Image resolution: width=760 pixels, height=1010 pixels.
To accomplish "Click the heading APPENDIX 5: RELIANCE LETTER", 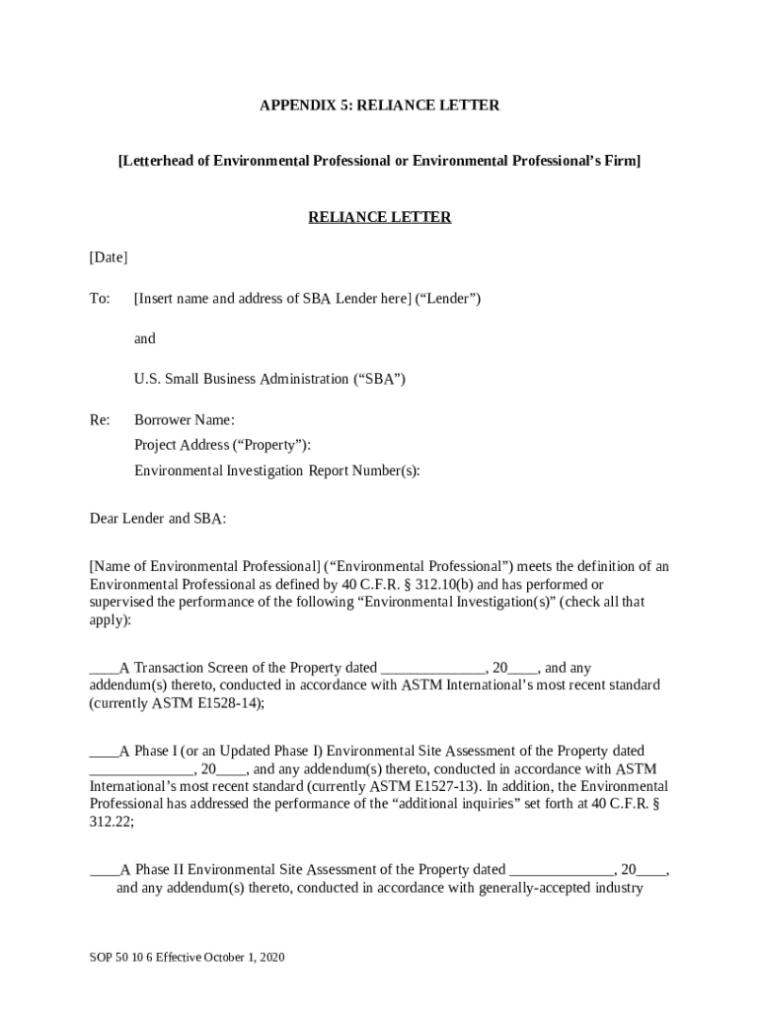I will [x=379, y=105].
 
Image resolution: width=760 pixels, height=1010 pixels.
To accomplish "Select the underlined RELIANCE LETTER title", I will [x=379, y=217].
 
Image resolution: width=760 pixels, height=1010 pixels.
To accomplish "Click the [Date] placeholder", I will [x=109, y=257].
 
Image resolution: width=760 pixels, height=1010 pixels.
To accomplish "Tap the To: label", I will [x=100, y=298].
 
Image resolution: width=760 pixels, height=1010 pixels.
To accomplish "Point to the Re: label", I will [x=100, y=420].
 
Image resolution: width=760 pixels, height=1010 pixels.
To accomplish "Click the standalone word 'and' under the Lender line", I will [x=145, y=338].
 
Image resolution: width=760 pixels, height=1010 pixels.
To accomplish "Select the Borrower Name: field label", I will [x=185, y=420].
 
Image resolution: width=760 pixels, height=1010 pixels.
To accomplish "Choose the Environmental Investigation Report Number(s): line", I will [x=276, y=470].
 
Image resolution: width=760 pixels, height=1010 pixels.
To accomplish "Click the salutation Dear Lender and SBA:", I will [x=158, y=518].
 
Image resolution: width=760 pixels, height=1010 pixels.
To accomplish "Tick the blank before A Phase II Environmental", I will [x=104, y=871].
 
